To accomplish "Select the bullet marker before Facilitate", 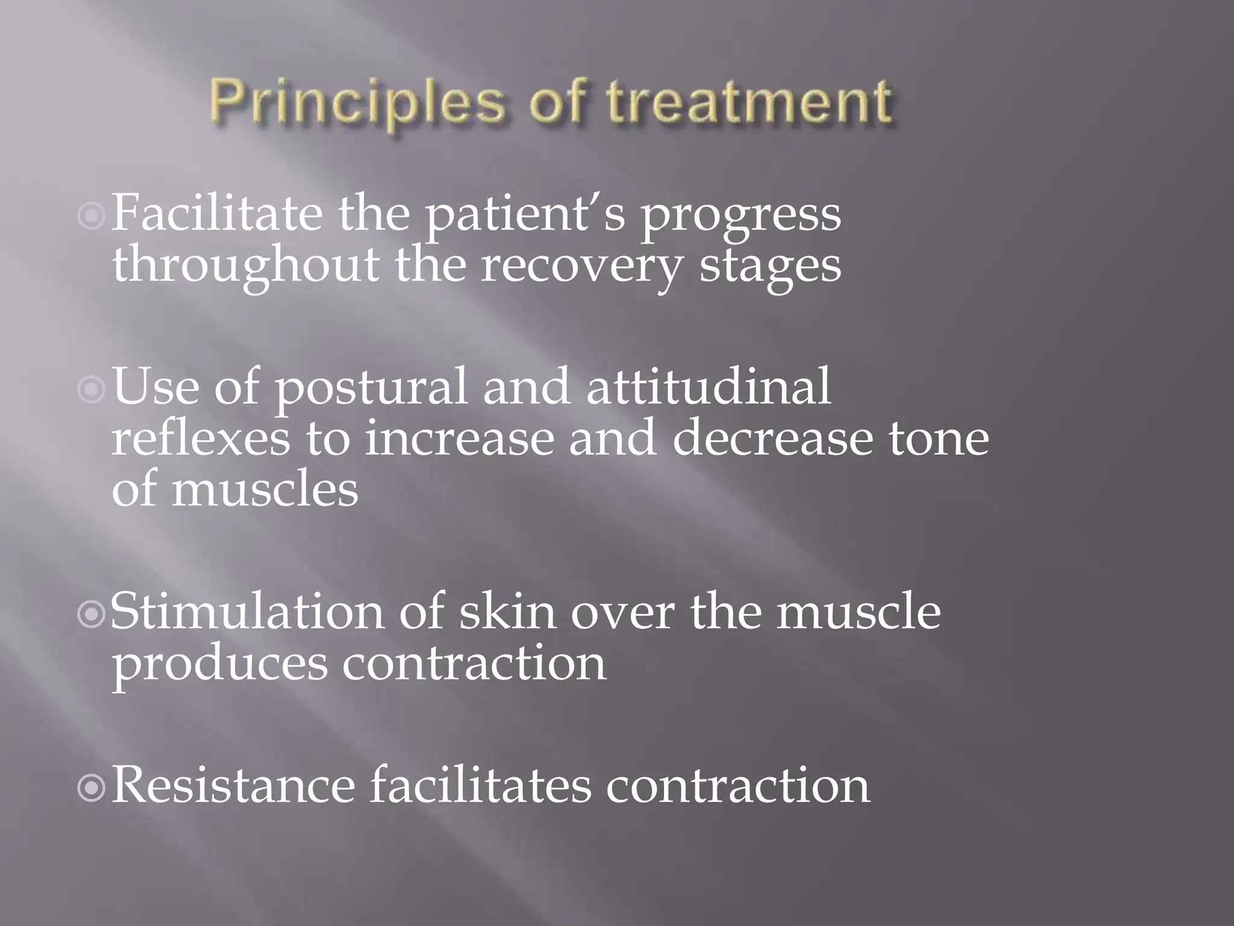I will point(92,215).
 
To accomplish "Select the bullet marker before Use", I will point(92,390).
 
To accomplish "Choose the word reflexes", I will point(201,439).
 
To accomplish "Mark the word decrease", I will point(772,439).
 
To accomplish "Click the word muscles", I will point(265,490).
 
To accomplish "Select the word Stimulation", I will point(247,613).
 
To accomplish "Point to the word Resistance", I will point(234,786).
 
